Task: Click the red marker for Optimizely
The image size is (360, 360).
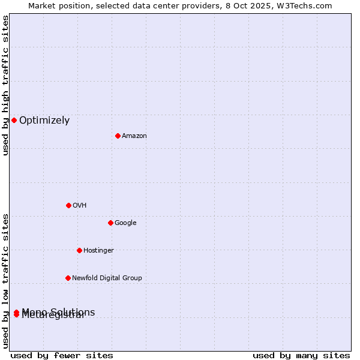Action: pos(14,120)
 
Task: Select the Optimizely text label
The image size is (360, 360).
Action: pos(44,121)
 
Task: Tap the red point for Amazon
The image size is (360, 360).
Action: pos(118,136)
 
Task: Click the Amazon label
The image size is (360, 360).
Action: pos(134,136)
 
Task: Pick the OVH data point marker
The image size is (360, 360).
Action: pos(68,205)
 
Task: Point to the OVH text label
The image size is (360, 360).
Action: pos(80,206)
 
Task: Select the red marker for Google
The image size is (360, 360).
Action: pos(110,223)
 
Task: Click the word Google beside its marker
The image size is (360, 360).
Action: pos(125,223)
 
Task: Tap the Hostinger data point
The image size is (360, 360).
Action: pos(79,250)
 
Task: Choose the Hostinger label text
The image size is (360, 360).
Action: pos(98,251)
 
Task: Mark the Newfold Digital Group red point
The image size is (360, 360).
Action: pos(68,278)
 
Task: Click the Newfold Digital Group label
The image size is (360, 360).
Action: pos(107,278)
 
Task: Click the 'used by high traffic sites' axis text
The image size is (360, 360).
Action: pos(5,85)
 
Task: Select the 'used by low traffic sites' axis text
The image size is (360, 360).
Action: pos(5,281)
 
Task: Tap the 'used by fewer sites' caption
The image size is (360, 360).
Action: pos(62,355)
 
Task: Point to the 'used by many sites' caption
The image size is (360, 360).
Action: pos(301,355)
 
